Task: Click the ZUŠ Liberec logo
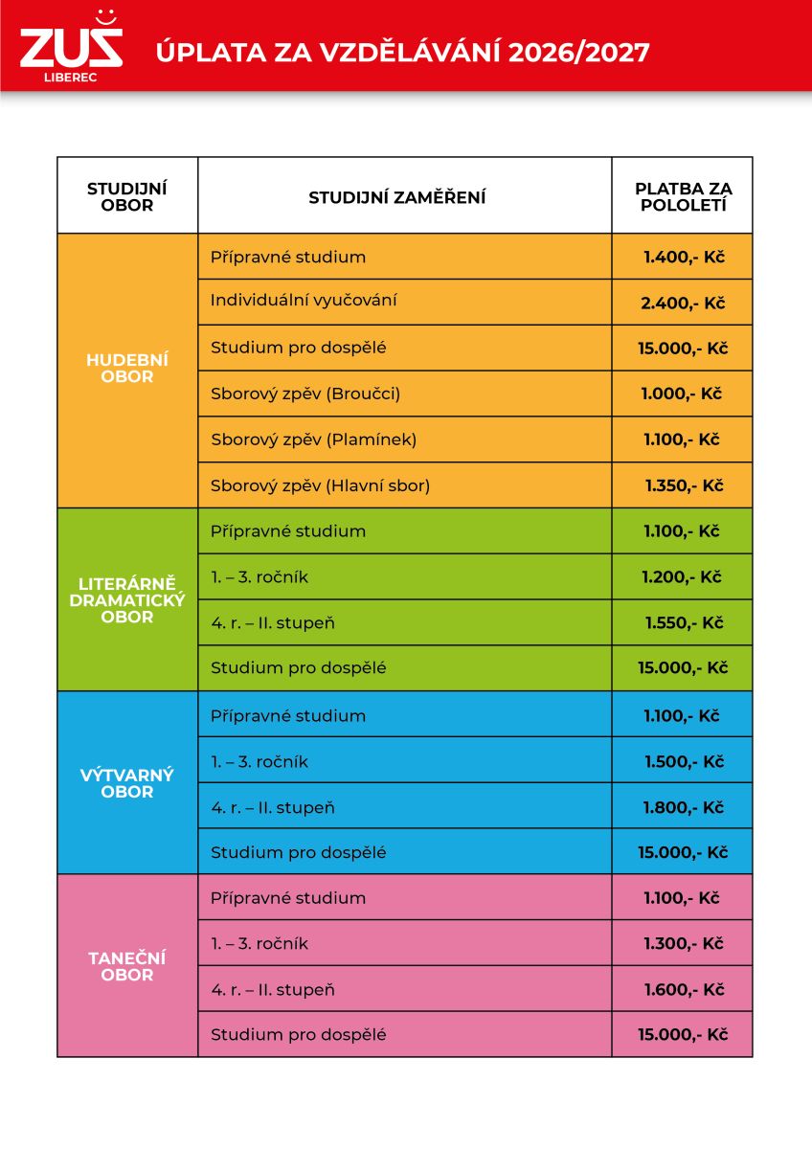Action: tap(71, 46)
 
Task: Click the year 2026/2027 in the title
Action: tap(579, 53)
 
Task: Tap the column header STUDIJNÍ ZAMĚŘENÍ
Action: tap(397, 197)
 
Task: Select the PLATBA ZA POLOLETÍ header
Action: tap(684, 197)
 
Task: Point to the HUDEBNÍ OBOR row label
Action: tap(127, 369)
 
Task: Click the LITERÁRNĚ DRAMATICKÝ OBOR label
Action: tap(127, 600)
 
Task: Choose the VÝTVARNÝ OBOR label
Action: tap(127, 783)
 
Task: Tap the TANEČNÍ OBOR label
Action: tap(127, 966)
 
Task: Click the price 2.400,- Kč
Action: tap(683, 304)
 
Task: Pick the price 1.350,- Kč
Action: tap(685, 485)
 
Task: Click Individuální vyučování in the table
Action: tap(304, 301)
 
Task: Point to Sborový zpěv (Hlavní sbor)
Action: tap(320, 485)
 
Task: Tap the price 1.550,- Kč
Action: tap(685, 622)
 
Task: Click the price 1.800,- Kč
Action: tap(684, 807)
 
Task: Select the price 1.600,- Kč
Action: tap(685, 989)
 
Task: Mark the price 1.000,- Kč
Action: tap(682, 394)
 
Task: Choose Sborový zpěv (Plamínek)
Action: tap(313, 439)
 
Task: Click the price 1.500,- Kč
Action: tap(685, 762)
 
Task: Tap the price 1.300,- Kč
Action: tap(684, 943)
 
